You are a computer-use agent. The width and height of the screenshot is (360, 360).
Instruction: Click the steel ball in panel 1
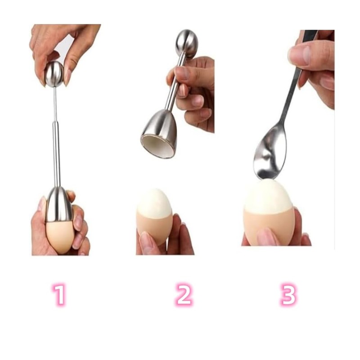click(x=54, y=74)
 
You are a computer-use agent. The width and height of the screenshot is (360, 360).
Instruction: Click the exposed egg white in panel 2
click(x=154, y=202)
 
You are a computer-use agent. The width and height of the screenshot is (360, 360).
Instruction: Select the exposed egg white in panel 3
click(x=269, y=197)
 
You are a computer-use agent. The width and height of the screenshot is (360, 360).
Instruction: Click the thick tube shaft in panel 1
click(x=56, y=153)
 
